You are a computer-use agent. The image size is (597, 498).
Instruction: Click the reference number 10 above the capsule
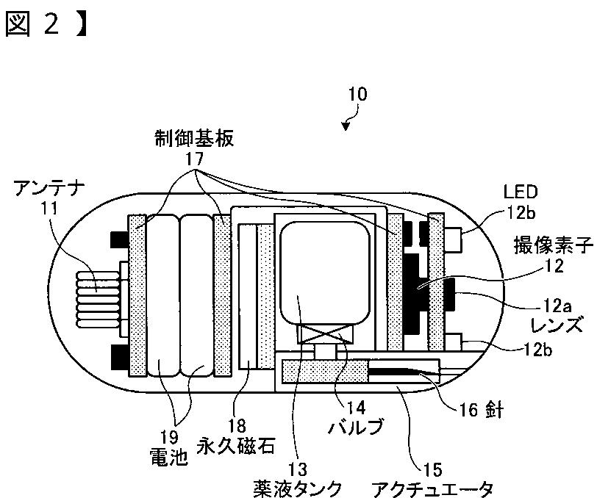357,95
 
